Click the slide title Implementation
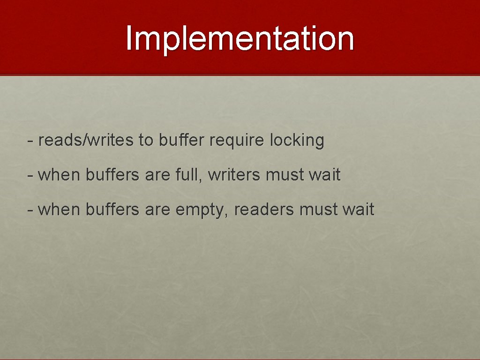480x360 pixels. [240, 38]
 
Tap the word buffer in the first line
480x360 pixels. [182, 140]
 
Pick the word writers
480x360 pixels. [234, 175]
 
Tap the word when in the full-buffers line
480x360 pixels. [60, 175]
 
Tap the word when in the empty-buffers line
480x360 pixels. [60, 210]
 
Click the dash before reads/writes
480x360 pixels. [30, 140]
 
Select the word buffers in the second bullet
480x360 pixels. [112, 175]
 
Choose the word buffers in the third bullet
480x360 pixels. [112, 210]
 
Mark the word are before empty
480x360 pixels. [158, 210]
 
